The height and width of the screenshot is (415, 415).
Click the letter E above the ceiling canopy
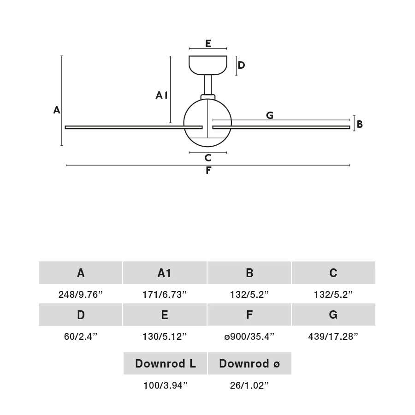coord(208,43)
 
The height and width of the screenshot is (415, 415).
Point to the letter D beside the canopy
coord(241,65)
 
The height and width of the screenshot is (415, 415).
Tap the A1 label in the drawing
coord(161,95)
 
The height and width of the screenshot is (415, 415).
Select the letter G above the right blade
coord(269,115)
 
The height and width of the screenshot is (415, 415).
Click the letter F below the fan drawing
coord(208,171)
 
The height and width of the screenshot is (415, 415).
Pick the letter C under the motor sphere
coord(208,158)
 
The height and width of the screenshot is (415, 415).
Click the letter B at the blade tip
coord(359,124)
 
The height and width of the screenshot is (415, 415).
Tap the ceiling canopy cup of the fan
coord(208,65)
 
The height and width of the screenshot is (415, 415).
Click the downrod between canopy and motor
coord(208,85)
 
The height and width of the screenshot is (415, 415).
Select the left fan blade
coord(134,127)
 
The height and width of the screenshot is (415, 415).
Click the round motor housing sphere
coord(207,123)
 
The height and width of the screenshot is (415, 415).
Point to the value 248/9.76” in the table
coord(80,294)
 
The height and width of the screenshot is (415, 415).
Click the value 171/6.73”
coord(164,294)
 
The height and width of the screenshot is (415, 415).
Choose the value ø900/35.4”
coord(249,337)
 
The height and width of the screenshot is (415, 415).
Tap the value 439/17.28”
coord(333,337)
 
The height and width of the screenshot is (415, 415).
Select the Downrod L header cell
coord(165,363)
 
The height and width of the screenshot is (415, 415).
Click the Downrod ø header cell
coord(249,363)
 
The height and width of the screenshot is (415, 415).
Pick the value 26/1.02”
coord(249,385)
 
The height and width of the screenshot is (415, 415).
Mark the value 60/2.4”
coord(80,337)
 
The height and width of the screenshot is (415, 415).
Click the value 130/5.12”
coord(164,337)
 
